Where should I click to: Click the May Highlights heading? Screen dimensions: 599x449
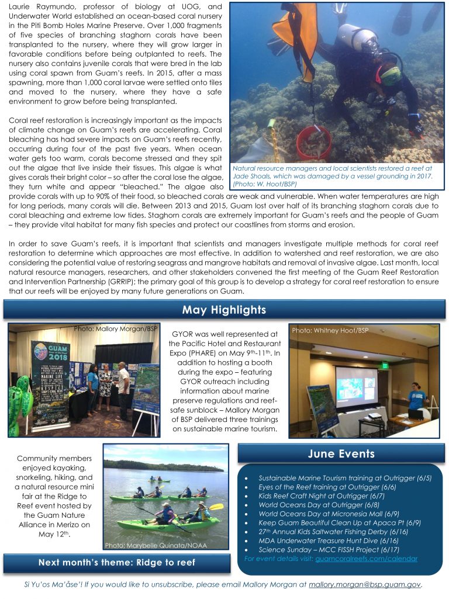(224, 310)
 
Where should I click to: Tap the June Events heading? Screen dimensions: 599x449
(341, 453)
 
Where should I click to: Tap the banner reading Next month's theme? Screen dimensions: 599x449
(116, 562)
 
